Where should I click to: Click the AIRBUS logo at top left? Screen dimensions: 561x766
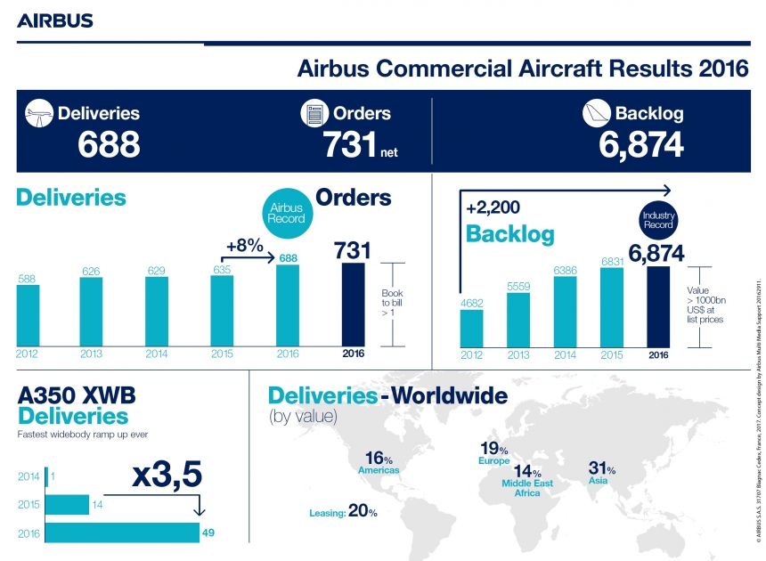pyautogui.click(x=54, y=20)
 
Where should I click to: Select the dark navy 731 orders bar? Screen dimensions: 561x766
pyautogui.click(x=354, y=304)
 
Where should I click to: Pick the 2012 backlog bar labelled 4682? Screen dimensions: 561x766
pyautogui.click(x=471, y=328)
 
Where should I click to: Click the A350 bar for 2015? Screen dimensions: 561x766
pyautogui.click(x=67, y=505)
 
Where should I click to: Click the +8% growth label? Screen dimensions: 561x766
pyautogui.click(x=245, y=245)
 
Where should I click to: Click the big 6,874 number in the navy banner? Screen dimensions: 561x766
pyautogui.click(x=641, y=144)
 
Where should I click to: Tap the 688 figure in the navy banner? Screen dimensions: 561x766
pyautogui.click(x=109, y=144)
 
